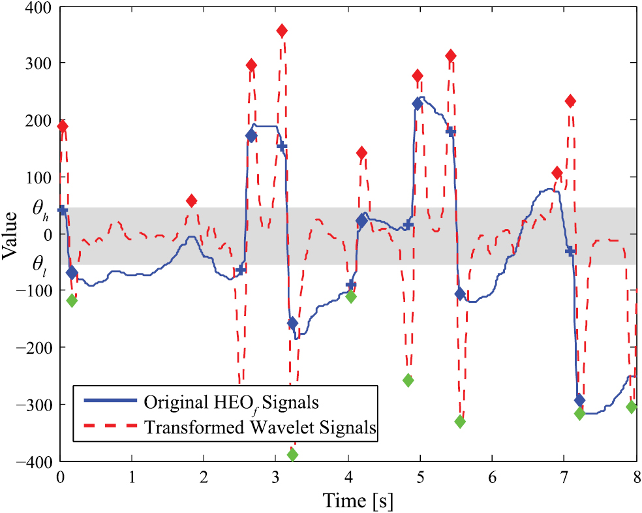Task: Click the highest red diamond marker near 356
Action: tap(282, 31)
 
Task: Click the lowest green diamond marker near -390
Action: tap(292, 455)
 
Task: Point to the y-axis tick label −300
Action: tap(37, 405)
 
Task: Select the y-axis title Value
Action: tap(11, 234)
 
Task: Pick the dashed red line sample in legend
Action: tap(108, 427)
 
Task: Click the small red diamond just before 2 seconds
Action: tap(191, 200)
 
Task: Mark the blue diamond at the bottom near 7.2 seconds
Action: tap(579, 400)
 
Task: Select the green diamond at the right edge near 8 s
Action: tap(631, 407)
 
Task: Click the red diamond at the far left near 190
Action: tap(63, 126)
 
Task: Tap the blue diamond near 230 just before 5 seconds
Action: tap(418, 104)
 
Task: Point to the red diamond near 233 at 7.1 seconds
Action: tap(570, 101)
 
